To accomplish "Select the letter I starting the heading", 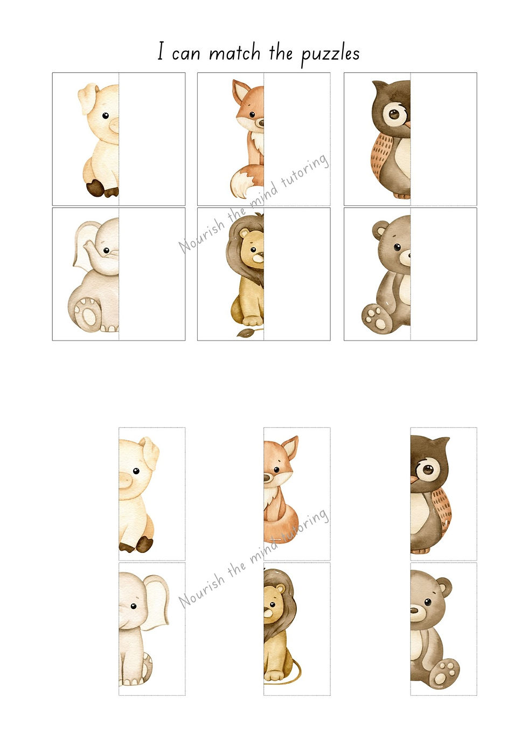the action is (161, 51).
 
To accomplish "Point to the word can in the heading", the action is (186, 55).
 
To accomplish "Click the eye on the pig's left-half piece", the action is (106, 116).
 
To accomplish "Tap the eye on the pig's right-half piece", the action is (136, 471).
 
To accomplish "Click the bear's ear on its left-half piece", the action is (379, 230).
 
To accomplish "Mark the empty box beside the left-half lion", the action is (297, 274).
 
